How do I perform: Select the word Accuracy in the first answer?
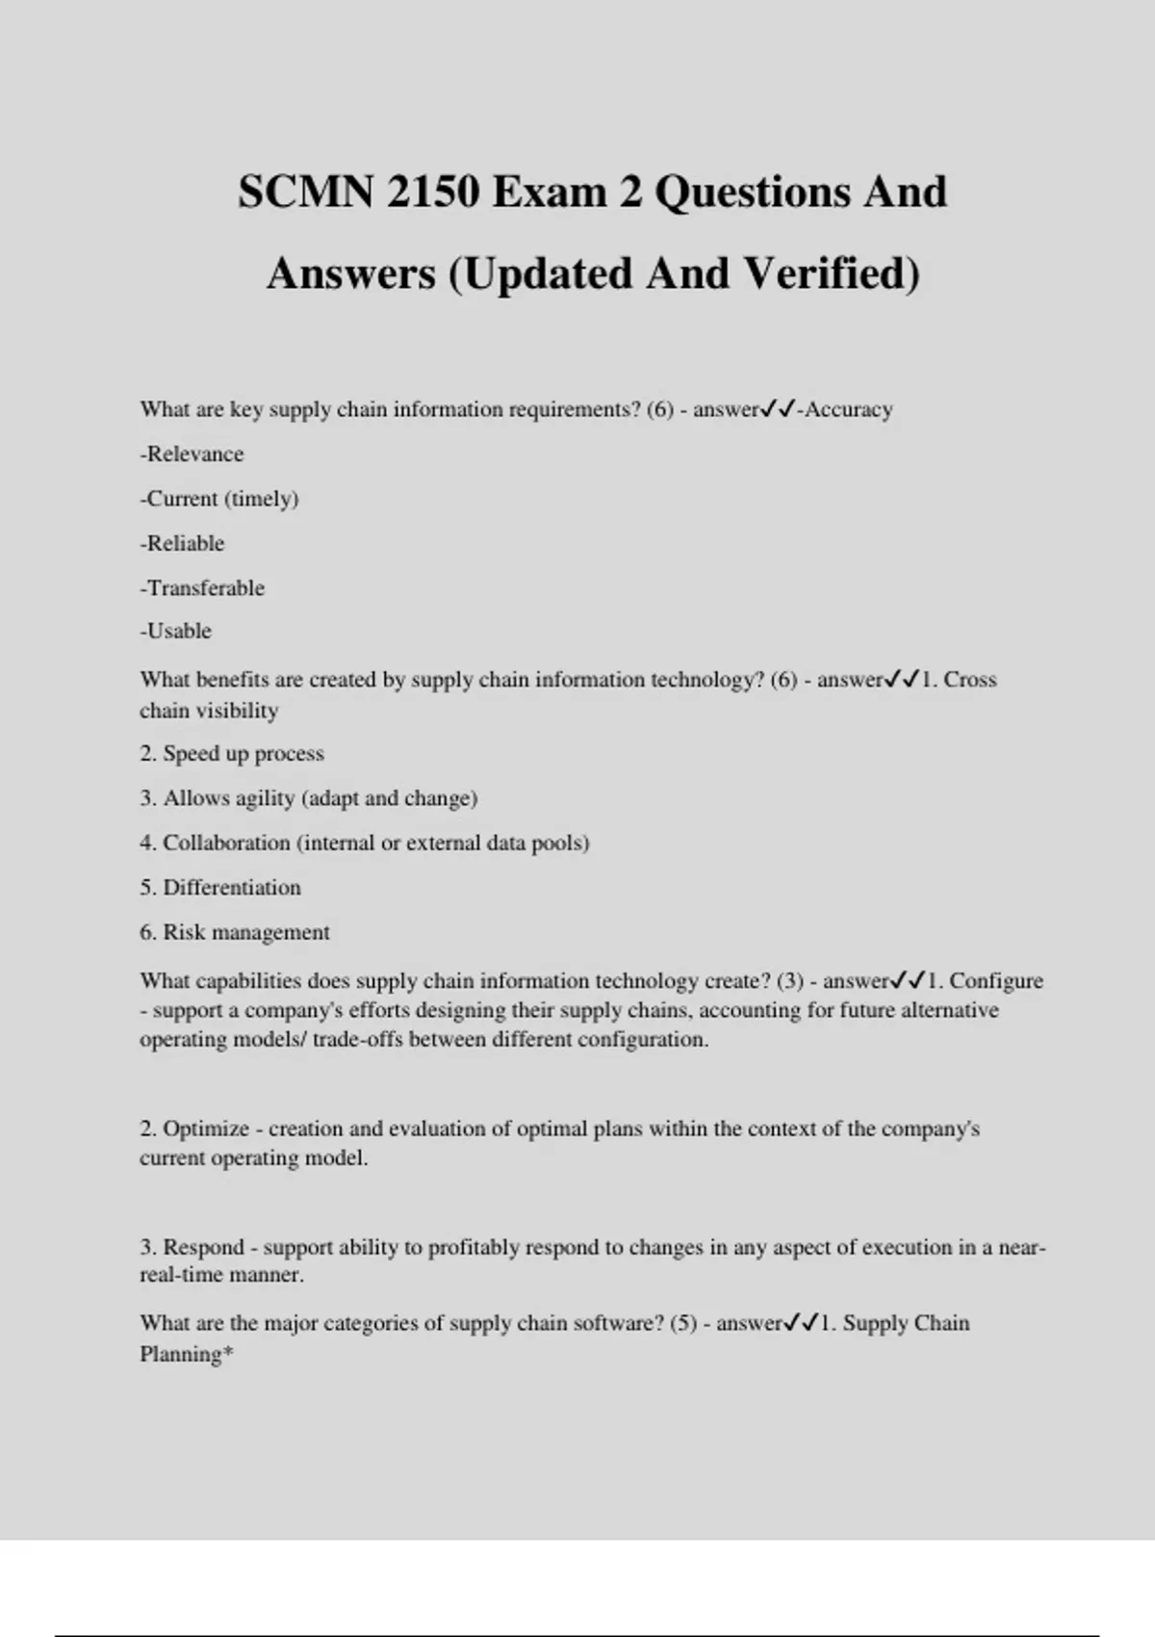coord(849,409)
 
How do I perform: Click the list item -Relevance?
coord(192,454)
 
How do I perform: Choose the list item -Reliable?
coord(182,543)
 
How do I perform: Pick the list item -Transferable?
coord(202,587)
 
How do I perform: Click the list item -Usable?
coord(175,631)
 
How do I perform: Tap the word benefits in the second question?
coord(232,680)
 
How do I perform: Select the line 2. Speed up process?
coord(232,753)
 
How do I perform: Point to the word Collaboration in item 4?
coord(226,843)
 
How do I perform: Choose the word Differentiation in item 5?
coord(232,887)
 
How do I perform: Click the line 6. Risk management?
coord(235,932)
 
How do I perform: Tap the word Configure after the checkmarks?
coord(996,981)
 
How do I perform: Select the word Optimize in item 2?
coord(206,1129)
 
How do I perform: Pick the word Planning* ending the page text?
coord(187,1354)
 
